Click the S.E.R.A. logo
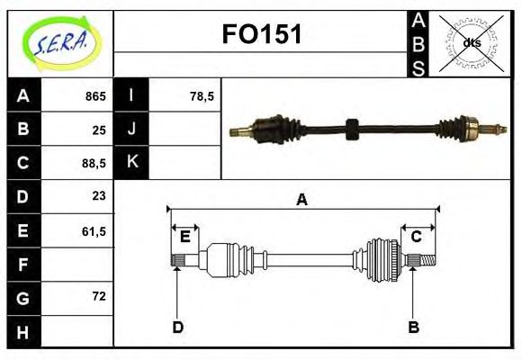pyautogui.click(x=61, y=43)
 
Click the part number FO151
pyautogui.click(x=262, y=34)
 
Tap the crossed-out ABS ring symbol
pyautogui.click(x=471, y=43)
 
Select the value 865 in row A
pyautogui.click(x=95, y=96)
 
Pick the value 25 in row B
pyautogui.click(x=99, y=130)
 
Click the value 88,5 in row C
pyautogui.click(x=94, y=164)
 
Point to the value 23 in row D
pyautogui.click(x=99, y=196)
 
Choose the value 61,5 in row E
pyautogui.click(x=94, y=231)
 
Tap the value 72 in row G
pyautogui.click(x=99, y=296)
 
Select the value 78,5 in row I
pyautogui.click(x=202, y=96)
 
